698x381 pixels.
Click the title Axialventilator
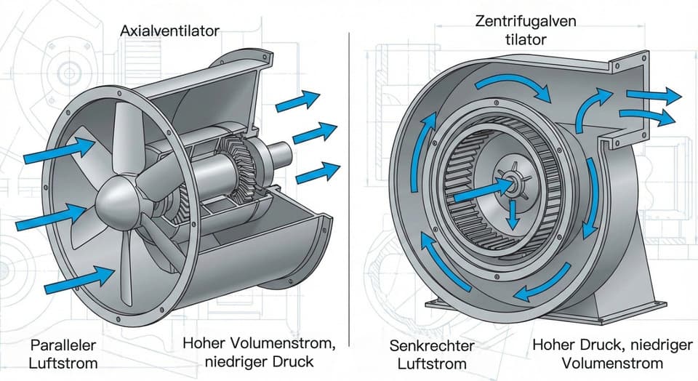(x=170, y=31)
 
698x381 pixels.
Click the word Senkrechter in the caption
(x=432, y=345)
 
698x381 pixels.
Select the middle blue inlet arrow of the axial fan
(x=51, y=217)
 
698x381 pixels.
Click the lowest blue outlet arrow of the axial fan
(x=318, y=173)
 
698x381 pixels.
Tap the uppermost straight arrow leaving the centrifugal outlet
(x=654, y=95)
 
